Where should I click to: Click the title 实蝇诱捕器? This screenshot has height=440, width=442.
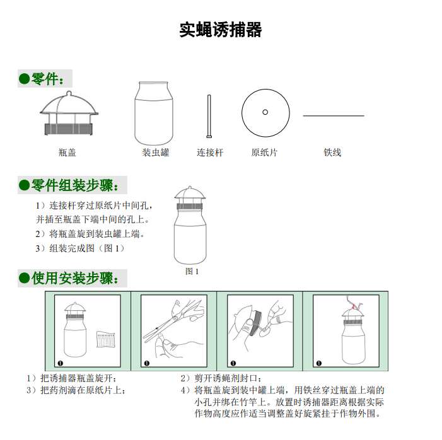(221, 30)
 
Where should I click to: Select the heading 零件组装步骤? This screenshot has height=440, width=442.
(73, 185)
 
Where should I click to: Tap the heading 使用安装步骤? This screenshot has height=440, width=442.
(73, 278)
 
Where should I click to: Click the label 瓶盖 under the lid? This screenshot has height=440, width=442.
(67, 153)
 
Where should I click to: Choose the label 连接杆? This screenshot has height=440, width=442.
(210, 153)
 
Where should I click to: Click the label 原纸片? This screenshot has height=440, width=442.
(264, 153)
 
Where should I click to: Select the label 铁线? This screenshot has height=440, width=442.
(332, 153)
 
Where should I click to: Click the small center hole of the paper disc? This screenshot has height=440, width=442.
(265, 112)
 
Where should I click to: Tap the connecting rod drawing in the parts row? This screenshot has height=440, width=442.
(209, 115)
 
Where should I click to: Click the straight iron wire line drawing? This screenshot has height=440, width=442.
(334, 116)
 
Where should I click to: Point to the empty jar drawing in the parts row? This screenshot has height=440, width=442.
(154, 113)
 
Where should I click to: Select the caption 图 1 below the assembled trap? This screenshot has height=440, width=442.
(192, 271)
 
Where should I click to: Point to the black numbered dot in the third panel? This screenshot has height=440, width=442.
(234, 363)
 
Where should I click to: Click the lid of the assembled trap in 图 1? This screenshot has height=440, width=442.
(192, 199)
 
